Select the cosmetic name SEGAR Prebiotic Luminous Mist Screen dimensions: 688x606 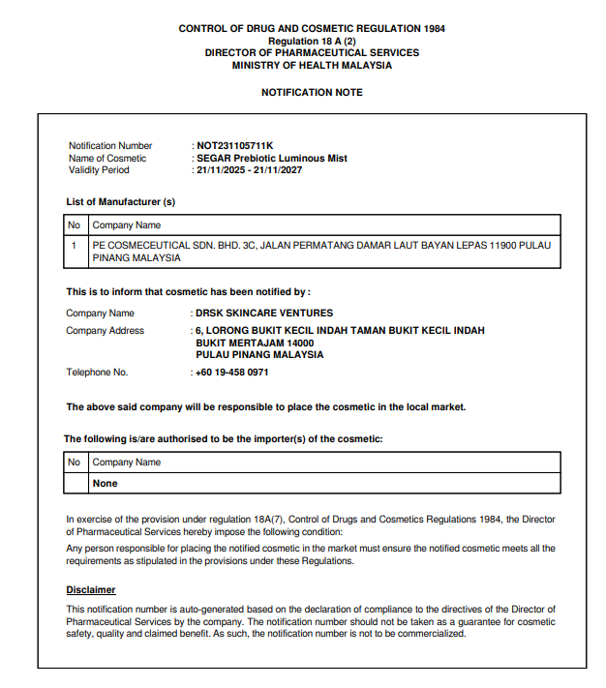coord(271,158)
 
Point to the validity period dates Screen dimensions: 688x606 coord(250,170)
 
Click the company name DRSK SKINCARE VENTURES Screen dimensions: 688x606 coord(264,314)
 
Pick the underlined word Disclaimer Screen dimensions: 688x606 coord(91,589)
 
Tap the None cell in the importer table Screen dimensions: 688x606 coord(105,483)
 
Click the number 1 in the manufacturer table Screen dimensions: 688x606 coord(74,246)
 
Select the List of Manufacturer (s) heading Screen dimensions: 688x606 coord(120,202)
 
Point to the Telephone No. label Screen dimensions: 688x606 coord(97,373)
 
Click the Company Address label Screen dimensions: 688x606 coord(105,331)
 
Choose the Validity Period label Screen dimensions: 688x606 coord(99,170)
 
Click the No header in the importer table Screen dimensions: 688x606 coord(75,463)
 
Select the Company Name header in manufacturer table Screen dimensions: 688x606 coord(126,225)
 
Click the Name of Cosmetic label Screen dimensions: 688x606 coord(107,158)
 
